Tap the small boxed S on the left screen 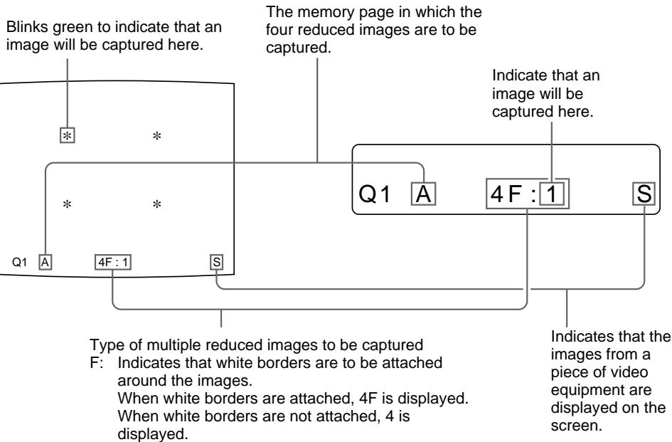pyautogui.click(x=216, y=261)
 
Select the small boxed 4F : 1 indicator pyautogui.click(x=112, y=261)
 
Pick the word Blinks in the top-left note pyautogui.click(x=23, y=26)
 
